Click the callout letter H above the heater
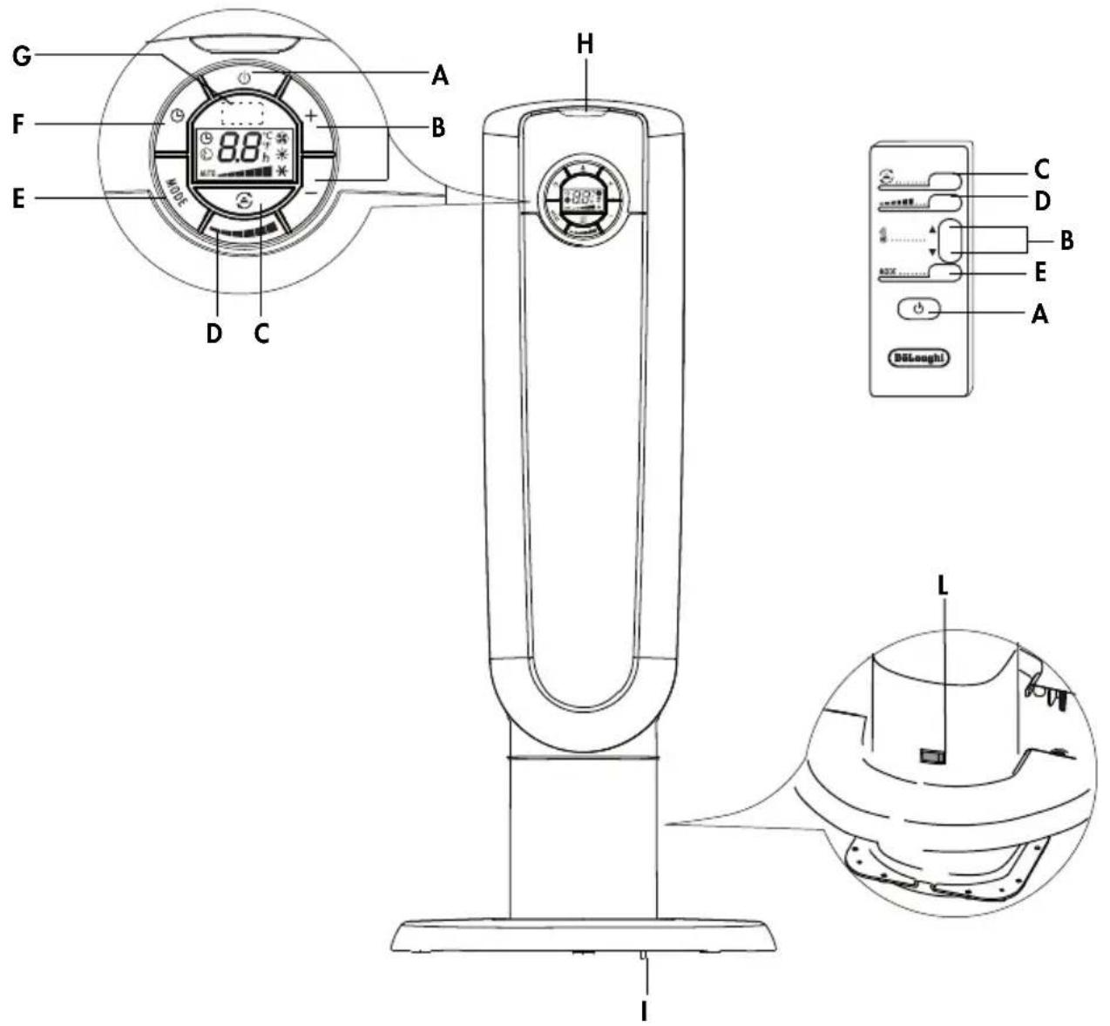tap(585, 44)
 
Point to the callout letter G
tap(22, 55)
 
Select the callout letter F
tap(18, 125)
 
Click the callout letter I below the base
tap(644, 1010)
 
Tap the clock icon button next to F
tap(177, 116)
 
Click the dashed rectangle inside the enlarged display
tap(243, 111)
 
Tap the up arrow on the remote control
tap(932, 231)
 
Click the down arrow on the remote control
tap(932, 253)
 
